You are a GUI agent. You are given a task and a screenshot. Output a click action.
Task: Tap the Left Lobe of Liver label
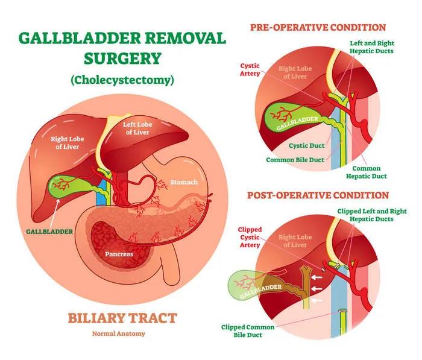click(136, 128)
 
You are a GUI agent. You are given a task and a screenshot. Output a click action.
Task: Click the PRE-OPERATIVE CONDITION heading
click(317, 27)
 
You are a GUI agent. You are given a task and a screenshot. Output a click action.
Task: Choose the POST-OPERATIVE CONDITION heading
click(317, 195)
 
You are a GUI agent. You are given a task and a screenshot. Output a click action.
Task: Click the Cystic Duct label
click(308, 146)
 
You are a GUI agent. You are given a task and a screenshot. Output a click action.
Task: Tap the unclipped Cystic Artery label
click(250, 71)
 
